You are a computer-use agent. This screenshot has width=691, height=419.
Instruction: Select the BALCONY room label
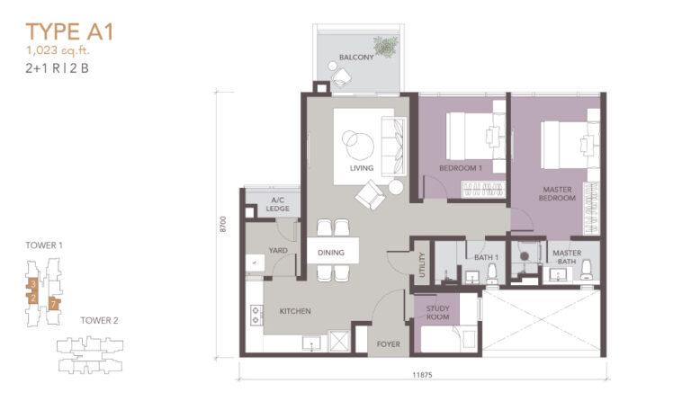point(356,58)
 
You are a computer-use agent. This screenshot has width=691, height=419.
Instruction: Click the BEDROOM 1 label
point(461,168)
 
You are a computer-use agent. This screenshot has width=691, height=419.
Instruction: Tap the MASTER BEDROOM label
point(558,193)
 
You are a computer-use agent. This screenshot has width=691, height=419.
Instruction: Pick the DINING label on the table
point(331,254)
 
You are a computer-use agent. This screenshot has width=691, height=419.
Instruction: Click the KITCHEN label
point(295,311)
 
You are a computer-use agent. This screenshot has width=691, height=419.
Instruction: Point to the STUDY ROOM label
point(438,312)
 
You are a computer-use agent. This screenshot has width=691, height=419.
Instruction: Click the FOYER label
point(388,344)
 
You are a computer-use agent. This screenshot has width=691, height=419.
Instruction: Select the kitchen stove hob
point(255,314)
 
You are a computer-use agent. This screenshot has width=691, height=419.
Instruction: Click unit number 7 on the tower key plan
point(54,304)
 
